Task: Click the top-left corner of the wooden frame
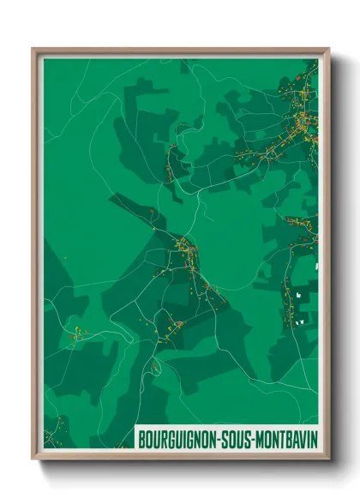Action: (x=33, y=49)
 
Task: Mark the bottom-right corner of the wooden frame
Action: (x=328, y=459)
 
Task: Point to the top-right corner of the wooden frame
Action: (x=328, y=49)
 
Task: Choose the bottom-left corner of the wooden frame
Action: (x=33, y=459)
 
